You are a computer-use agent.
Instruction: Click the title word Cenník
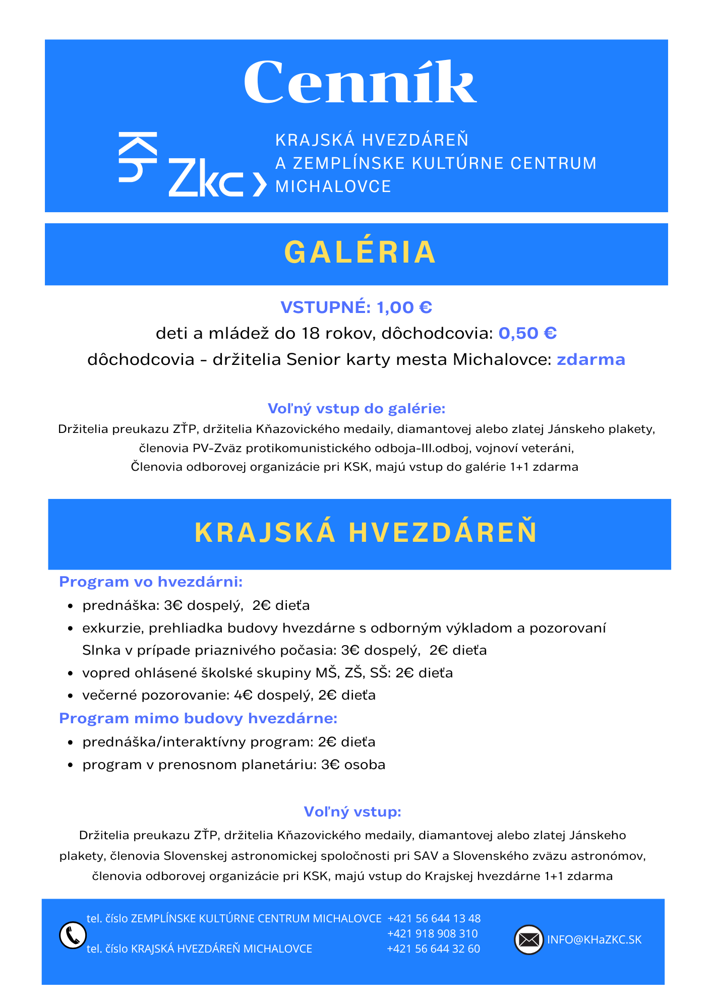click(x=360, y=82)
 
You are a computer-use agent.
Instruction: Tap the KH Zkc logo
click(x=192, y=164)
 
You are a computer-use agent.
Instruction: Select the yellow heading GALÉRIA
click(x=360, y=253)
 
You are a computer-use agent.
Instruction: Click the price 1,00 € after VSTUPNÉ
click(x=404, y=307)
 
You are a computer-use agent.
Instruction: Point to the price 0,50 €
click(x=527, y=333)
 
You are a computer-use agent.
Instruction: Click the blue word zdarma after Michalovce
click(x=590, y=359)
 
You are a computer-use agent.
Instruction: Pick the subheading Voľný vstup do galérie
click(x=356, y=408)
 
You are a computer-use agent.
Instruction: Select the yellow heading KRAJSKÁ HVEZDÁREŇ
click(x=366, y=533)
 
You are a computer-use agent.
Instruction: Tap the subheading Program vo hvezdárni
click(x=151, y=582)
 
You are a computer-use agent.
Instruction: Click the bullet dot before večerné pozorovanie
click(x=71, y=696)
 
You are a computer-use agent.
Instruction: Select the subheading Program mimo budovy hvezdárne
click(x=198, y=718)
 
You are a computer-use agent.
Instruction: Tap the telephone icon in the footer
click(x=73, y=935)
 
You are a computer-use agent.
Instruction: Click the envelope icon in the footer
click(x=528, y=940)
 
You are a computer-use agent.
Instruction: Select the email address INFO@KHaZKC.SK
click(x=594, y=939)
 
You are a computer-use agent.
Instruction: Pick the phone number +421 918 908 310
click(x=432, y=933)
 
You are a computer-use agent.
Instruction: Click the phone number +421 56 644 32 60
click(x=433, y=949)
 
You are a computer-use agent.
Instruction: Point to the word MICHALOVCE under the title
click(x=333, y=186)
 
